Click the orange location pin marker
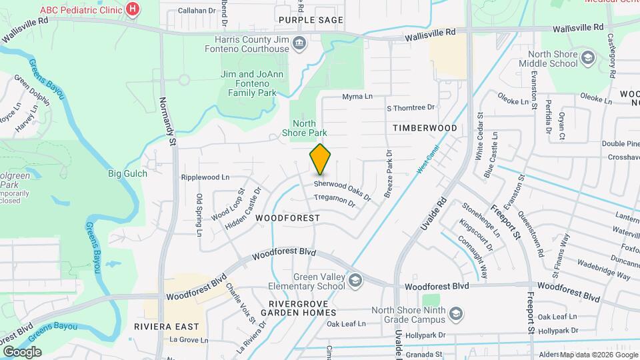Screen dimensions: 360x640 [320, 159]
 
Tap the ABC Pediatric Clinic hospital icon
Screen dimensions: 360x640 [134, 9]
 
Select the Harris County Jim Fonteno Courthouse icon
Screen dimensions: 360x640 [299, 45]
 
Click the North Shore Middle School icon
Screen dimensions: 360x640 [587, 58]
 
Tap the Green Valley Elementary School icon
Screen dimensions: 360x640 [354, 279]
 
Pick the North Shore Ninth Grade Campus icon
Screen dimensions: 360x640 [456, 313]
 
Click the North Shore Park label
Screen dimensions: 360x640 [304, 128]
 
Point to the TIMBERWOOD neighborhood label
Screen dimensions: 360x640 [425, 127]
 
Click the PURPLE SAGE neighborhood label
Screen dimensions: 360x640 [311, 20]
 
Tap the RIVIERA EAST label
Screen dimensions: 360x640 [166, 327]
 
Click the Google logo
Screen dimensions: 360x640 [22, 351]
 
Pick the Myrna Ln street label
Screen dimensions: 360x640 [357, 97]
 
